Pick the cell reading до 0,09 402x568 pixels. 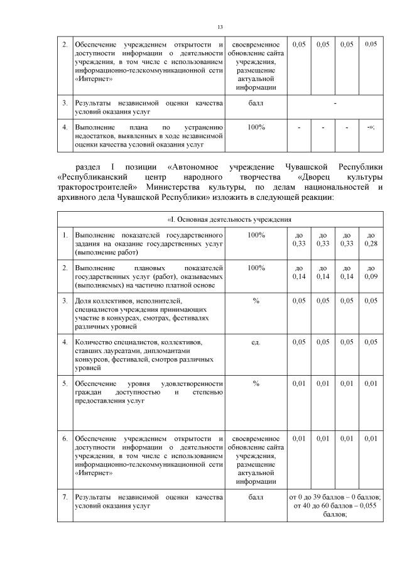[371, 271]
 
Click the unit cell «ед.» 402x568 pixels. [256, 342]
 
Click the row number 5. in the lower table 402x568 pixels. [65, 383]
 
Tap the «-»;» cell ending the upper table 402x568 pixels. [371, 128]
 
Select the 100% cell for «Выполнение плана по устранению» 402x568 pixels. [256, 128]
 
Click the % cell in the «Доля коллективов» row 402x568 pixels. [256, 301]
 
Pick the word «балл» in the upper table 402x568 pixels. [256, 102]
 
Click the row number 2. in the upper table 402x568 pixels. [65, 44]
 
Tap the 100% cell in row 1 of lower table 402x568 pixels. [256, 234]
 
